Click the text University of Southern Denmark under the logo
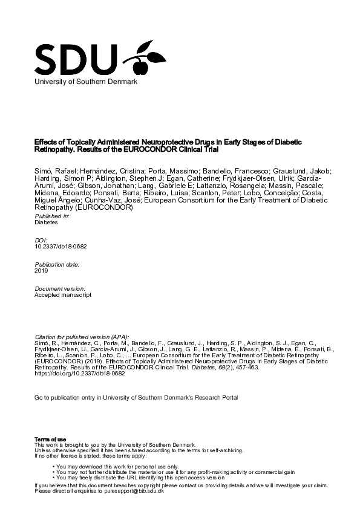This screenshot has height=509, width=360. pos(85,81)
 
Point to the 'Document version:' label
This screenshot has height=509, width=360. pos(60,289)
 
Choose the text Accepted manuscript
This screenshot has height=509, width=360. pos(64,295)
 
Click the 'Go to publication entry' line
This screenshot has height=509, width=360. pos(137,398)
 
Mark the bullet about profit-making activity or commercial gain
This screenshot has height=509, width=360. pos(174,472)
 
